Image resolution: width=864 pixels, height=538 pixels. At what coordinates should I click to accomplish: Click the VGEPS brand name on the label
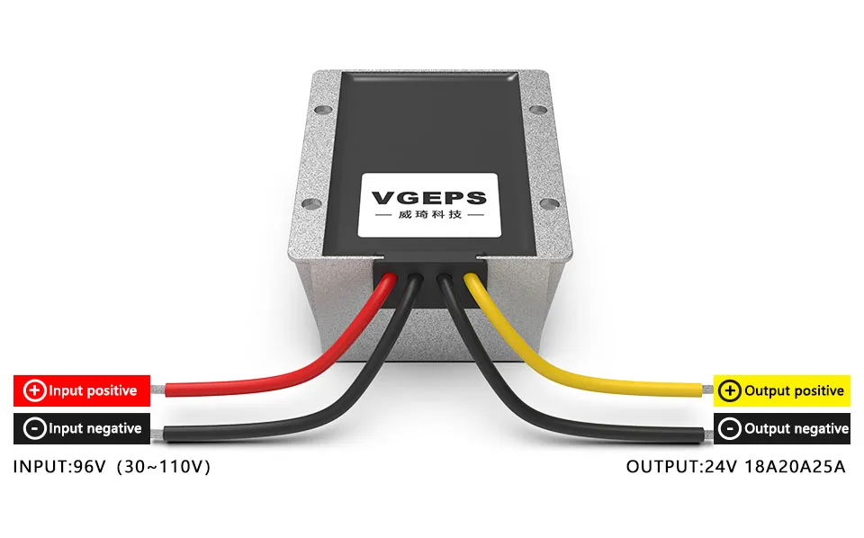pyautogui.click(x=428, y=198)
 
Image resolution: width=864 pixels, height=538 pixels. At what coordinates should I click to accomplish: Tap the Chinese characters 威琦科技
pyautogui.click(x=428, y=217)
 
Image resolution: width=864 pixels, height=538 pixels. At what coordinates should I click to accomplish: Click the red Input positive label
pyautogui.click(x=81, y=390)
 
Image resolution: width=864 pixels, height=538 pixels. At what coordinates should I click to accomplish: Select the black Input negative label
pyautogui.click(x=81, y=428)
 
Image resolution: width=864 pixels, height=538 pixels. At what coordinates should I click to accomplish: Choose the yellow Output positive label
pyautogui.click(x=781, y=390)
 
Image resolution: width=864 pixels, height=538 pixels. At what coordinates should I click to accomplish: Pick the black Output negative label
pyautogui.click(x=781, y=428)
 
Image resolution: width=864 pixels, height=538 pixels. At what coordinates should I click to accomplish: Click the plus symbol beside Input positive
pyautogui.click(x=35, y=390)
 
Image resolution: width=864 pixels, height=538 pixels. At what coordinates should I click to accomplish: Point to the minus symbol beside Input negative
pyautogui.click(x=35, y=429)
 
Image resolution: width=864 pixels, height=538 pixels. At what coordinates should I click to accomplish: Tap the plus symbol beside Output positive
pyautogui.click(x=731, y=390)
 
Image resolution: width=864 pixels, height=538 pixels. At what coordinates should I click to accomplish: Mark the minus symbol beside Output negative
pyautogui.click(x=731, y=429)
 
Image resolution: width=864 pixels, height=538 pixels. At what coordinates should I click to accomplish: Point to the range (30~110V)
pyautogui.click(x=167, y=468)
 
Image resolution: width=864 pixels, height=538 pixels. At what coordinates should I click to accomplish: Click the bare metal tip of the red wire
pyautogui.click(x=158, y=390)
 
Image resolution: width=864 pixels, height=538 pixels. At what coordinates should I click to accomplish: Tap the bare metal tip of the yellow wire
pyautogui.click(x=706, y=390)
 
